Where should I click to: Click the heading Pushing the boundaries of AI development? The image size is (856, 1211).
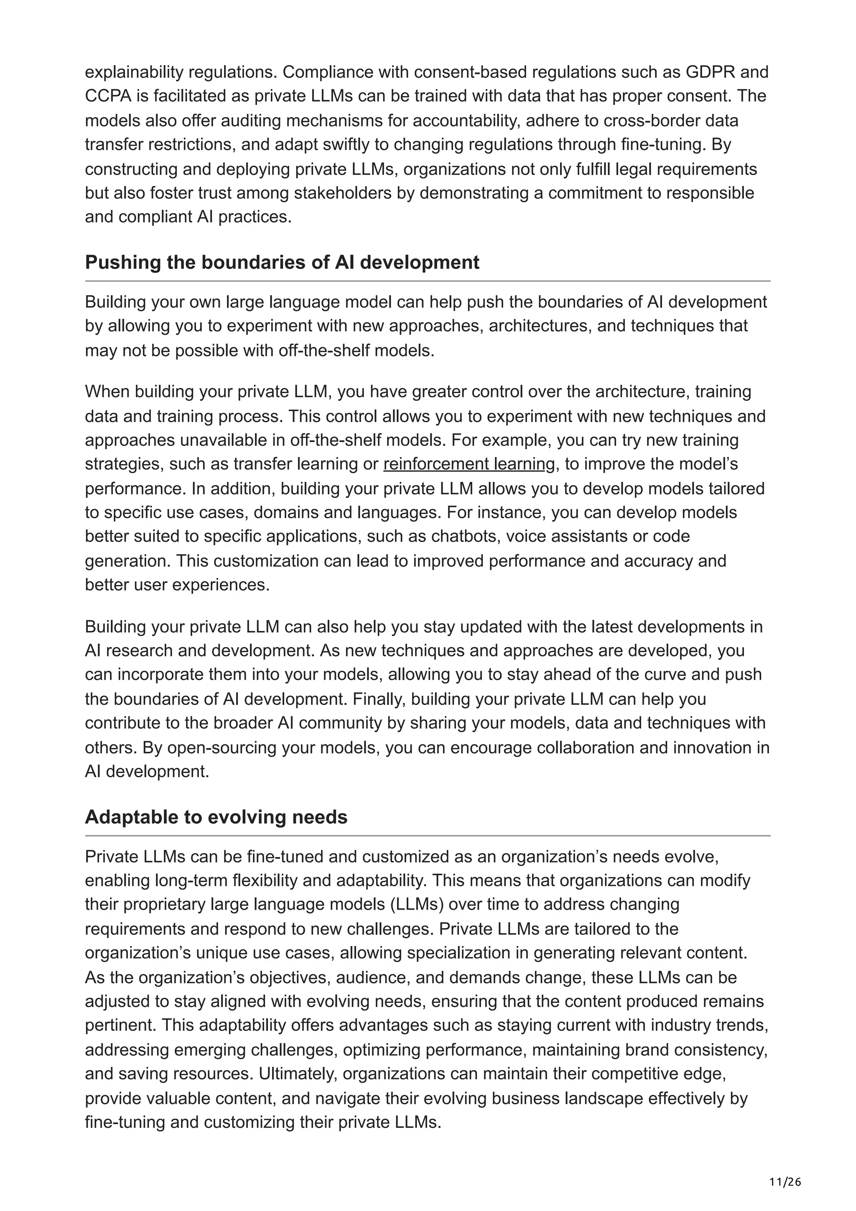click(x=282, y=262)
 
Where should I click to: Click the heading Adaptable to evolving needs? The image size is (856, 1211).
click(x=216, y=817)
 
